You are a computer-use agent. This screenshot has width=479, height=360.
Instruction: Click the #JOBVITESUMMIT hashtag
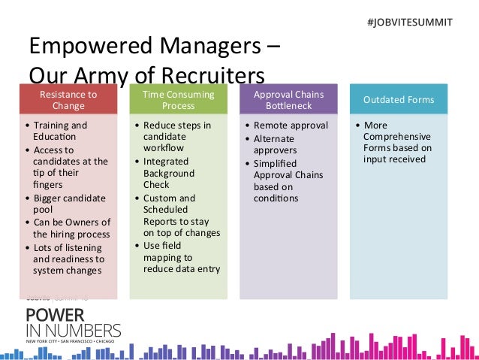coord(410,22)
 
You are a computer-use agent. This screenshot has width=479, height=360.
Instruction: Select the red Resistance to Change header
coord(68,100)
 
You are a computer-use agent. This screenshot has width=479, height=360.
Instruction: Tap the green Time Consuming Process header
coord(178,100)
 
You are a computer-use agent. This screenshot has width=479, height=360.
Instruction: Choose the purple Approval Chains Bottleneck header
coord(288,100)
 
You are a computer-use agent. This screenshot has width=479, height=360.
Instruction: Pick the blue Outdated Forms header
coord(398,100)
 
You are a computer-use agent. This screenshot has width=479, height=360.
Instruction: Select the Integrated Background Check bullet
coord(172,174)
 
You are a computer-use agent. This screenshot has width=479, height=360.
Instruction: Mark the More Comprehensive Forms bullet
coord(397,142)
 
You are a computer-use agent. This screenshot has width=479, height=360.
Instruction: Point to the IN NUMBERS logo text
coord(73,331)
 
